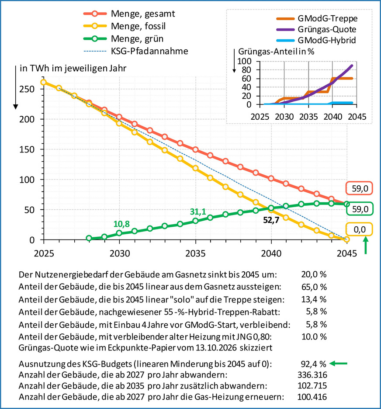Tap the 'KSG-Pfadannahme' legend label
pos(149,51)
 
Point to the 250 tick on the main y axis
pos(27,89)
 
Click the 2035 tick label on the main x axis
pos(195,253)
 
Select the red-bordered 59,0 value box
pos(359,188)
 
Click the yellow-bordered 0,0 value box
pos(359,229)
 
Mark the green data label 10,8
pos(121,224)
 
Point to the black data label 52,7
pos(271,220)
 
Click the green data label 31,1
pos(197,211)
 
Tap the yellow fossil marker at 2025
pos(44,82)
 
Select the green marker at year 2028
pos(89,238)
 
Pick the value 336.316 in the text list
pos(312,375)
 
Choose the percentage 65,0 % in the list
pos(314,287)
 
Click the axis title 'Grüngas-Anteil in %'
pos(276,52)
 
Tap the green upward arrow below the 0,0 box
pos(366,245)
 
